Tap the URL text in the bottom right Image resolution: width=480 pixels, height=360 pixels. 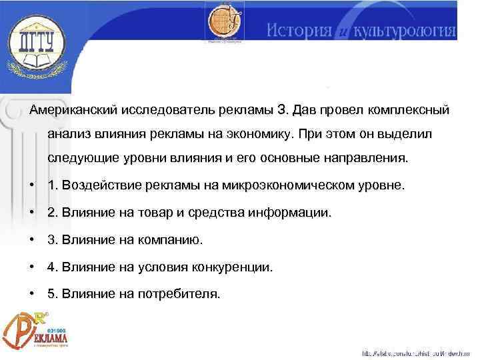point(417,353)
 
